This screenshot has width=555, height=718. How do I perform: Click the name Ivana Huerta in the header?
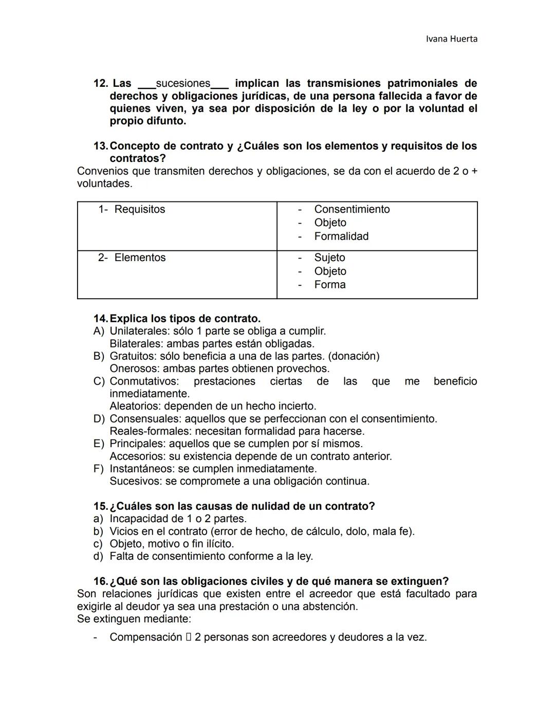[452, 39]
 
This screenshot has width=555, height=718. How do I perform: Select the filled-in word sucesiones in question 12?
[183, 83]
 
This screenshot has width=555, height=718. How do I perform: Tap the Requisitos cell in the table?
[139, 209]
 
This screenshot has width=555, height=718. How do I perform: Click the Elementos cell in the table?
[140, 257]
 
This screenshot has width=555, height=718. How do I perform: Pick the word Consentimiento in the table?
[352, 209]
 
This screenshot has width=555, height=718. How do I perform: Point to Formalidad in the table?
[341, 236]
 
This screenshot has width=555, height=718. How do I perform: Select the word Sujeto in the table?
[329, 257]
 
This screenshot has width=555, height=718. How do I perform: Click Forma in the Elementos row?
[329, 285]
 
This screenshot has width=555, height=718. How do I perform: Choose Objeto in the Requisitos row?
[330, 223]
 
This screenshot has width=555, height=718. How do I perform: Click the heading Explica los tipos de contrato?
[185, 319]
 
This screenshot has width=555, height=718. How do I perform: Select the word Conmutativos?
[144, 381]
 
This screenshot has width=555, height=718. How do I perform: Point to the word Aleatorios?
[135, 406]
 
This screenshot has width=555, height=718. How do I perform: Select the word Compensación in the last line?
[146, 637]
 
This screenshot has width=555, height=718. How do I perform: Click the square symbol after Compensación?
[189, 637]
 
